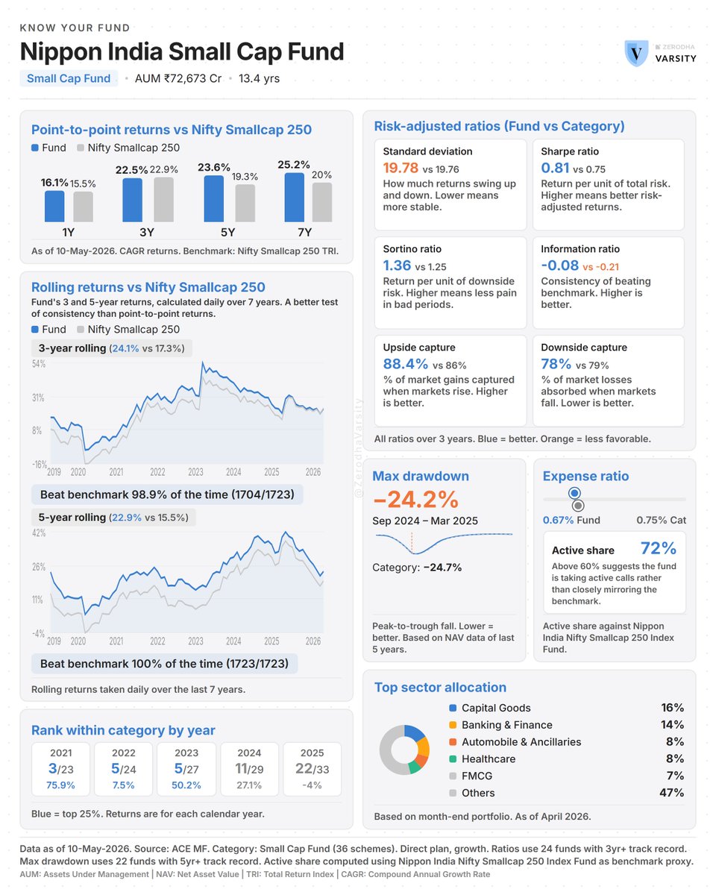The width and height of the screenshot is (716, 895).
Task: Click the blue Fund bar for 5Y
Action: [213, 198]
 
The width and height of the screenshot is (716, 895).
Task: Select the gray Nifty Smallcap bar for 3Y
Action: [163, 199]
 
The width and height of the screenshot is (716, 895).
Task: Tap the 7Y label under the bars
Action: [304, 232]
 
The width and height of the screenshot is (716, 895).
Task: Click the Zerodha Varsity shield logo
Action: [635, 53]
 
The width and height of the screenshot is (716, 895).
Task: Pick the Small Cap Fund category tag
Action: [69, 78]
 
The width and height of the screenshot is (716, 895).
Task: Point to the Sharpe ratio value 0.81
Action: [555, 168]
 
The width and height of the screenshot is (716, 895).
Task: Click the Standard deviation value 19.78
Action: [401, 168]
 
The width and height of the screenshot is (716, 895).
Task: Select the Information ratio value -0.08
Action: [559, 266]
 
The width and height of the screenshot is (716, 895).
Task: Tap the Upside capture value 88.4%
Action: [405, 364]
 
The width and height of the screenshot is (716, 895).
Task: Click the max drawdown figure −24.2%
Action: [415, 499]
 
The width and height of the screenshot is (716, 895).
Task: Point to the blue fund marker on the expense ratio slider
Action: [574, 493]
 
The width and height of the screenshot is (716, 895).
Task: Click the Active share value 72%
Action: [658, 548]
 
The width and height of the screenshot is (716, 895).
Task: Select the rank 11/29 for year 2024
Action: [249, 769]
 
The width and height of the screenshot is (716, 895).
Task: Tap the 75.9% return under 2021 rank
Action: [60, 785]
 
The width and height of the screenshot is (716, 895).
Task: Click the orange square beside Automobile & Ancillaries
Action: [453, 742]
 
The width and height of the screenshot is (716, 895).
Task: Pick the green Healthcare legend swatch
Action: [453, 759]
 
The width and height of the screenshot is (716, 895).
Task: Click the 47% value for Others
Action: [671, 793]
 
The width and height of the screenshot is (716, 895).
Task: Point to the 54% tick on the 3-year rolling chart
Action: [39, 364]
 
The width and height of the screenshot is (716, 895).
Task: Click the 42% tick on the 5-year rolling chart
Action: [39, 533]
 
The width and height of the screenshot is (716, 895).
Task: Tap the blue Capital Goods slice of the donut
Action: [414, 733]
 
